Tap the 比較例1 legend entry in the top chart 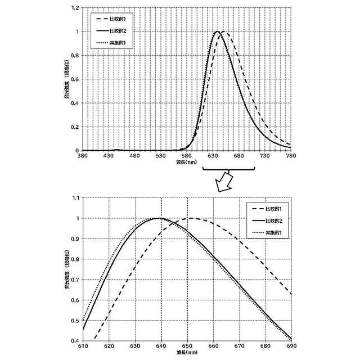coord(116,20)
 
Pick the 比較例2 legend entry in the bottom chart coord(272,220)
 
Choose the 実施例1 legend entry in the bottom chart coord(272,232)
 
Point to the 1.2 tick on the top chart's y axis coord(75,8)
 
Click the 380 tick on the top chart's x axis coord(83,156)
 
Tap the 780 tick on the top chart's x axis coord(291,156)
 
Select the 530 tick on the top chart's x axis coord(161,156)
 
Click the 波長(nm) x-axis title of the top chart coord(186,163)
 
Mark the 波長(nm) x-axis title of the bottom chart coord(186,352)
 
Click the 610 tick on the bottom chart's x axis coord(83,346)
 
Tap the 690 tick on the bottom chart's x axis coord(291,346)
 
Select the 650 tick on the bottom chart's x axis coord(187,346)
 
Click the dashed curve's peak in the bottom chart coord(191,218)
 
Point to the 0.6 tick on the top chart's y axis coord(75,79)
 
